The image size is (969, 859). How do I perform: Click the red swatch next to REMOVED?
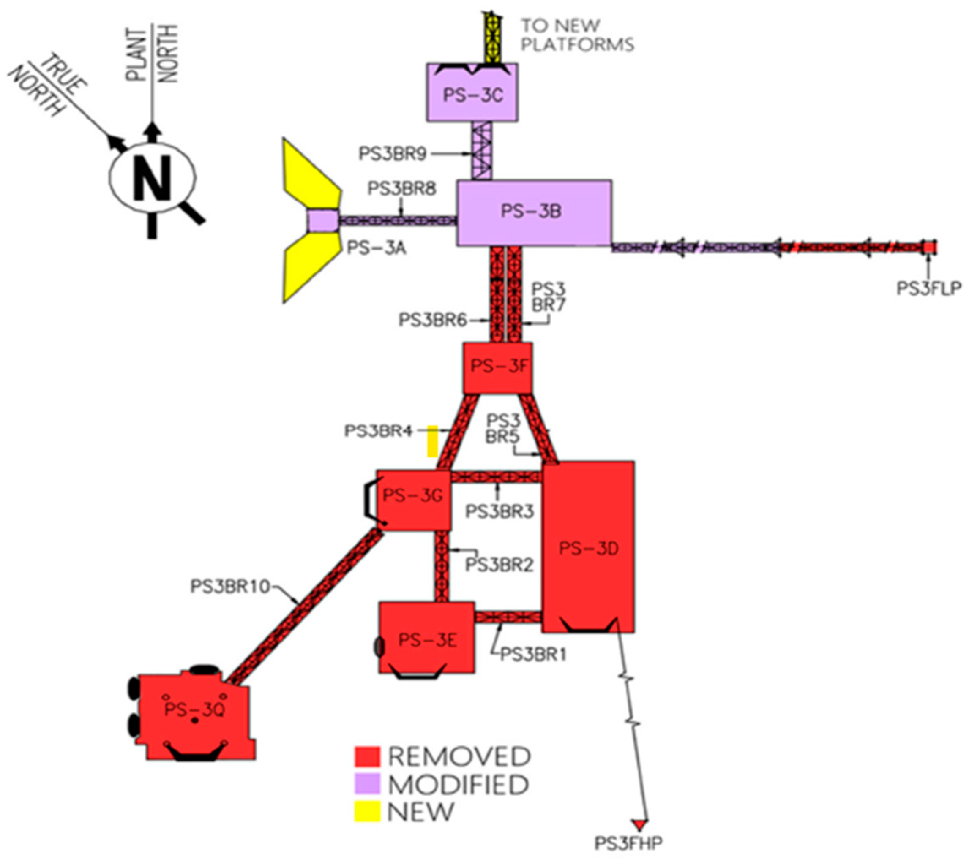click(367, 756)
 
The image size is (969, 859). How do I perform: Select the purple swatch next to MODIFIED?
click(367, 784)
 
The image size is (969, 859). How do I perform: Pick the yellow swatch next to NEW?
click(367, 811)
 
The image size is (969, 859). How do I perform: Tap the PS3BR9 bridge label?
click(393, 154)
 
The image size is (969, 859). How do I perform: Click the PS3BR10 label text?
click(230, 586)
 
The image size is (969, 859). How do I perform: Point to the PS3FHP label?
click(628, 843)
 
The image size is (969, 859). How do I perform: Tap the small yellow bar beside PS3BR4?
click(432, 440)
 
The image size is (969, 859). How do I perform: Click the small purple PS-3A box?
click(322, 221)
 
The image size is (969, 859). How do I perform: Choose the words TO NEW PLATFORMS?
click(577, 35)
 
